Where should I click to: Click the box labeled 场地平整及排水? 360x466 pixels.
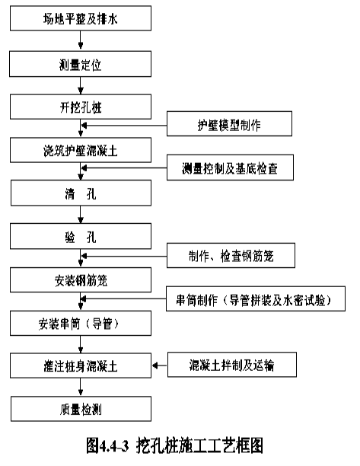coord(81,18)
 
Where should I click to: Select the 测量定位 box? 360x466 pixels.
coord(80,64)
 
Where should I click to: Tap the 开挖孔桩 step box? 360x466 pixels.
coord(81,107)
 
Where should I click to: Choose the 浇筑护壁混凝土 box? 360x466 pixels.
coord(81,150)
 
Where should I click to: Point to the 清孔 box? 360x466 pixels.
coord(81,193)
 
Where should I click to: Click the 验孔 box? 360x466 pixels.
coord(81,236)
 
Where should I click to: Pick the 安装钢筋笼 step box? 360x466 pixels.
coord(81,279)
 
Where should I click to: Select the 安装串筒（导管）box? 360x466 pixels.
coord(81,323)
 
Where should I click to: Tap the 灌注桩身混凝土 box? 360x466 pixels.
coord(81,365)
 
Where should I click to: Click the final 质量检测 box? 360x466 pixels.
coord(81,409)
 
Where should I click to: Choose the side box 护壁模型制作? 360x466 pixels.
coord(229,124)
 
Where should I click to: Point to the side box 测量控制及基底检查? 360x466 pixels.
coord(230,168)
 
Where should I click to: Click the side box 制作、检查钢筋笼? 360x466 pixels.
coord(231,255)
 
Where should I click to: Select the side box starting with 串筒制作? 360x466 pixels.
coord(256,298)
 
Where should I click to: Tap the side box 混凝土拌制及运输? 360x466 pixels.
coord(232,365)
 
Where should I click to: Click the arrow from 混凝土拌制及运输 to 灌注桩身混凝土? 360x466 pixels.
coord(160,365)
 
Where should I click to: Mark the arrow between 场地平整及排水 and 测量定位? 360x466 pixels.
coord(80,40)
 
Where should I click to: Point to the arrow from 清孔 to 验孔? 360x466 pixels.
coord(80,215)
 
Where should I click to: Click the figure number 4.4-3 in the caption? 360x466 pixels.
coord(113,445)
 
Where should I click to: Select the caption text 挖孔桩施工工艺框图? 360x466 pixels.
coord(199,445)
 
